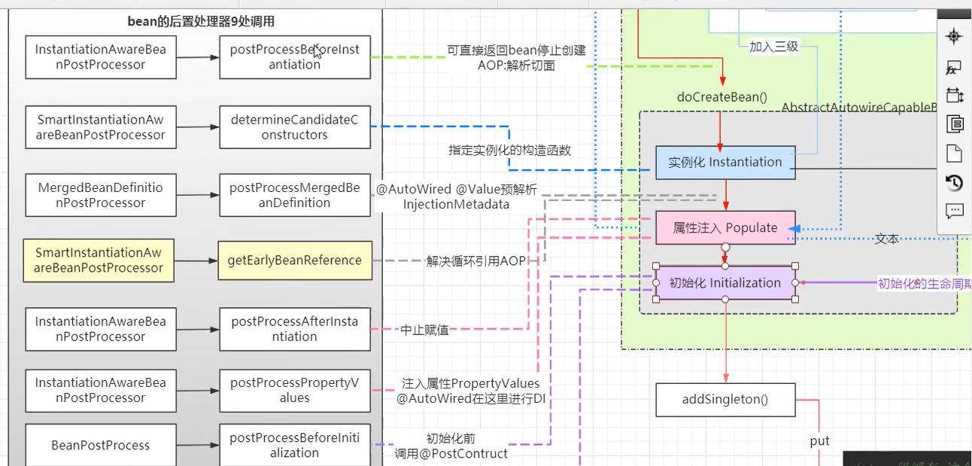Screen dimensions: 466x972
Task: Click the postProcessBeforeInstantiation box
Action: (x=295, y=57)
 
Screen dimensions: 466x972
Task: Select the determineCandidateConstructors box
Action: (x=295, y=127)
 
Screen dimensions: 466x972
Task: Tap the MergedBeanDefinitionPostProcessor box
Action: (x=101, y=195)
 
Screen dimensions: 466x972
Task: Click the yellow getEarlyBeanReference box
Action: (x=295, y=260)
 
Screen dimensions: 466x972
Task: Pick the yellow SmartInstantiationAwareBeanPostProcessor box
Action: (x=99, y=260)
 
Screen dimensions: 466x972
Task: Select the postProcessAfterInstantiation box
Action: (x=295, y=329)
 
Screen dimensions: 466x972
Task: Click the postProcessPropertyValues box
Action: (x=295, y=390)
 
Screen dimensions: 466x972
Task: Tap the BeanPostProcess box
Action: (x=101, y=445)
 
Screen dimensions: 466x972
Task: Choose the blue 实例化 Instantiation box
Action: (x=725, y=163)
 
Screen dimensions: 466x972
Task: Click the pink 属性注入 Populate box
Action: (x=725, y=228)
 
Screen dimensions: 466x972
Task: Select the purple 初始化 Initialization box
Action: (x=725, y=283)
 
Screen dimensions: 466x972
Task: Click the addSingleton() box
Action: (x=725, y=400)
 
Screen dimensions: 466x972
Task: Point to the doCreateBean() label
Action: (x=721, y=97)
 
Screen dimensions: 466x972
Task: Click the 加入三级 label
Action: (x=773, y=47)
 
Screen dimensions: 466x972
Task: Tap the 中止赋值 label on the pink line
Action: (x=424, y=330)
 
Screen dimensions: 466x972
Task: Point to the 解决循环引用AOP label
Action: (x=476, y=260)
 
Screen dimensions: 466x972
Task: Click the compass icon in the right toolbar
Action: (x=954, y=37)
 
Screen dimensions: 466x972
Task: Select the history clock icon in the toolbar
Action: (x=954, y=182)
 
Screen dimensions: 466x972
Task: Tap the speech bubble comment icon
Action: (x=954, y=211)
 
